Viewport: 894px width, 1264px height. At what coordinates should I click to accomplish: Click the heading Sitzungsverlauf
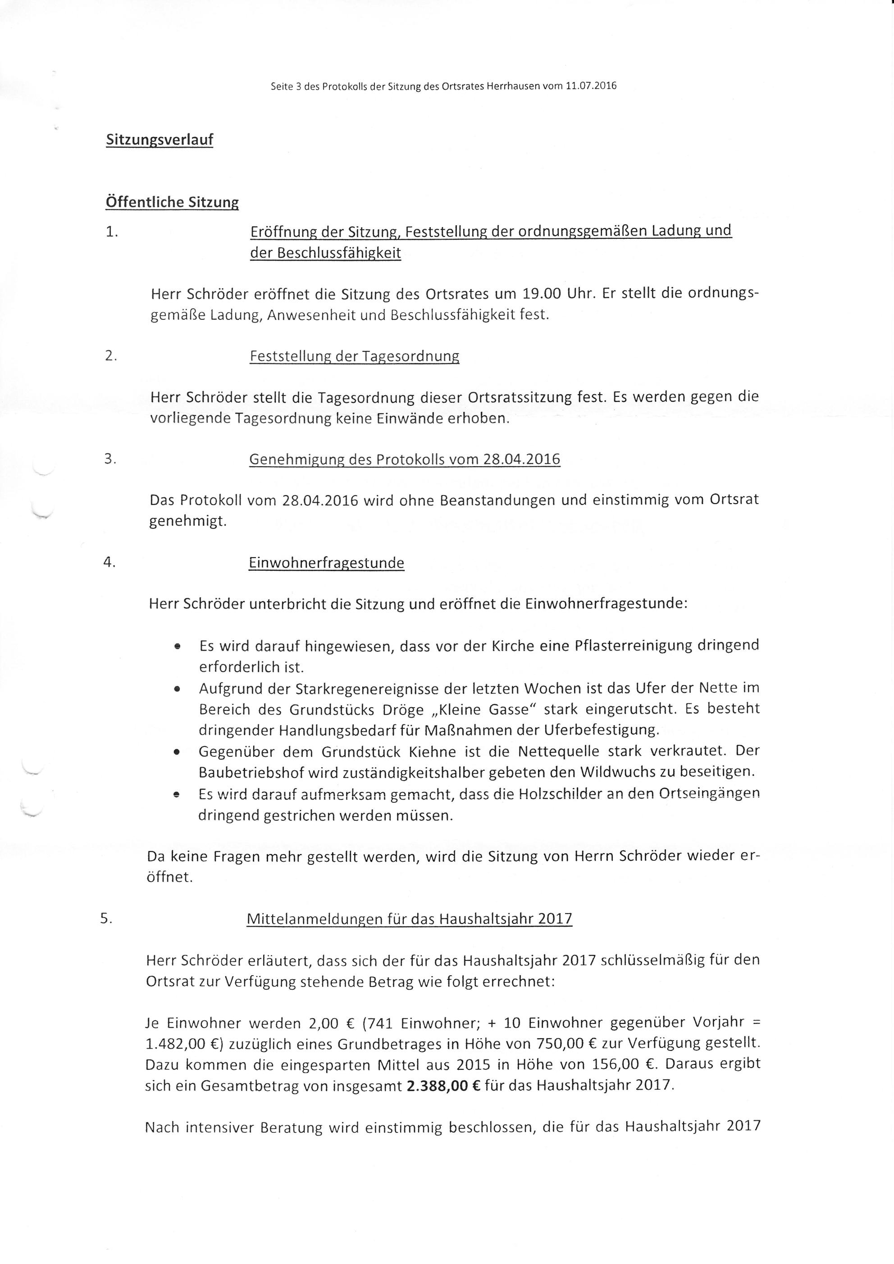point(159,139)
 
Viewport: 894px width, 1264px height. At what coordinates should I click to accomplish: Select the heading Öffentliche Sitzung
point(172,202)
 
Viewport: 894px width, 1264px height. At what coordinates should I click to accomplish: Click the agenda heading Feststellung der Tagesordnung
point(354,356)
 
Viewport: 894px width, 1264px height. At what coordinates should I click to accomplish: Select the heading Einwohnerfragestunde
point(326,563)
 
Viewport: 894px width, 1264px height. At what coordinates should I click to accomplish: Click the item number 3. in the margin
point(110,459)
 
